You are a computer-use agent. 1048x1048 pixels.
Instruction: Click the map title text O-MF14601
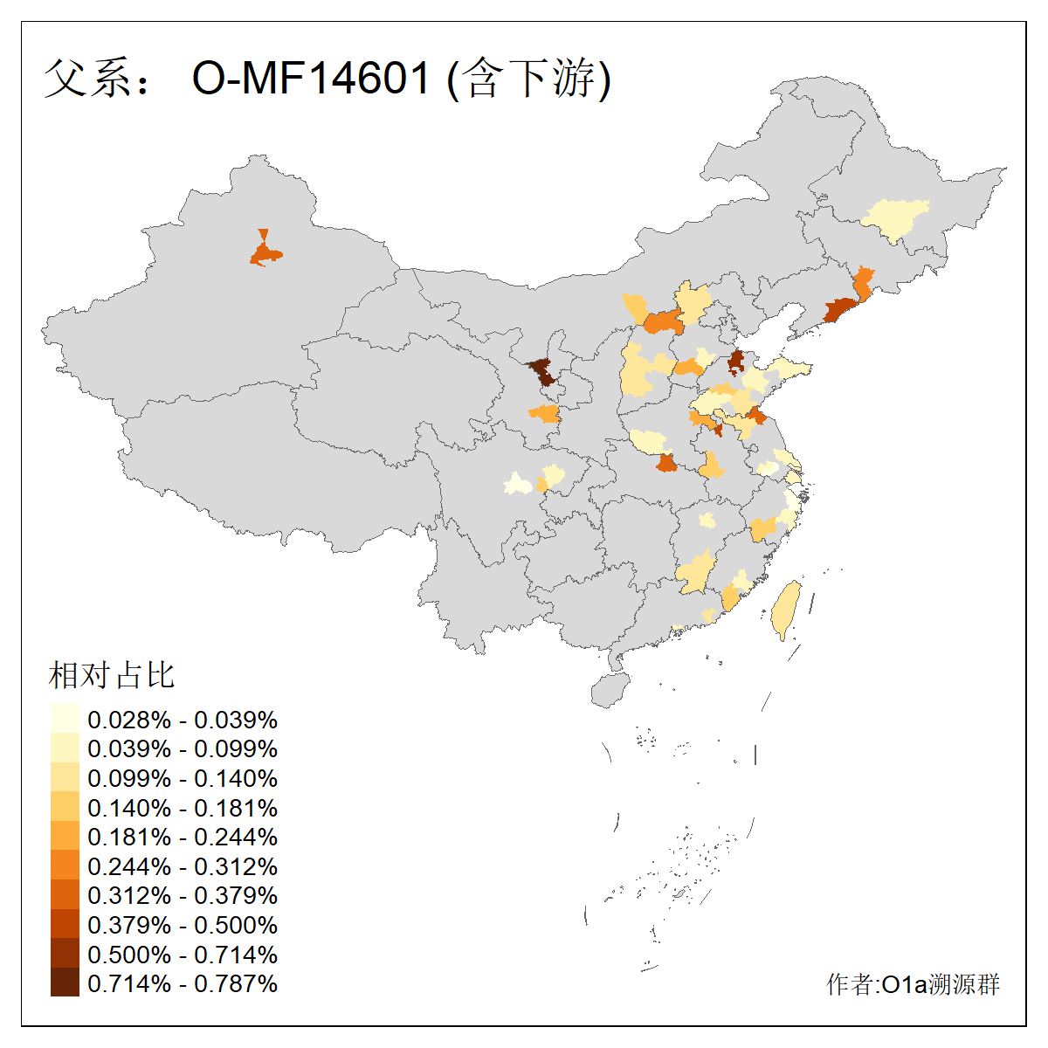click(x=311, y=79)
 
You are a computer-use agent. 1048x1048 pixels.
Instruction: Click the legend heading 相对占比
click(x=112, y=675)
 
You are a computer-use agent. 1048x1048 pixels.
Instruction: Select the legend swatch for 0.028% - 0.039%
click(x=65, y=720)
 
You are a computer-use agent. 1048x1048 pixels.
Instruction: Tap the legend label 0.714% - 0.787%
click(x=183, y=983)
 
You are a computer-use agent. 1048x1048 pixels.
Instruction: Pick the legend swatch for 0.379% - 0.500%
click(x=65, y=925)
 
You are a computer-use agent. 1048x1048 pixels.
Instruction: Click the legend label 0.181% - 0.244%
click(x=183, y=837)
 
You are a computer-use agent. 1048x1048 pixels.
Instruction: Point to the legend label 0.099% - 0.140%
click(x=183, y=778)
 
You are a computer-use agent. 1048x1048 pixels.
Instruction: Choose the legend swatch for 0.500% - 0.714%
click(x=65, y=955)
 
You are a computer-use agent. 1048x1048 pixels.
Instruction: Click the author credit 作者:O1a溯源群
click(x=913, y=985)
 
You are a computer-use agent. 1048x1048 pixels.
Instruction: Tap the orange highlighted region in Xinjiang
click(x=265, y=254)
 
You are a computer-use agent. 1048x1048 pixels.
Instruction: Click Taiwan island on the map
click(x=786, y=610)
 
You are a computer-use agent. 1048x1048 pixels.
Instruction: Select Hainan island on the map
click(x=610, y=689)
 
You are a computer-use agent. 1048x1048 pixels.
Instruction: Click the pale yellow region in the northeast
click(x=894, y=219)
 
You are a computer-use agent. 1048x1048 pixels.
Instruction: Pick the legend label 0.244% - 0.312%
click(x=183, y=866)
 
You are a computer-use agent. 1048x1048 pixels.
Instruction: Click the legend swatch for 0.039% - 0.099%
click(x=65, y=749)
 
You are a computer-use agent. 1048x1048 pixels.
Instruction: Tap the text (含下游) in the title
click(x=529, y=79)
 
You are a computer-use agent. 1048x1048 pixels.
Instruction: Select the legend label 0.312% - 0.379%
click(x=183, y=895)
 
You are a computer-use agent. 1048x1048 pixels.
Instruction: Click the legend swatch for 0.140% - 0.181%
click(x=65, y=808)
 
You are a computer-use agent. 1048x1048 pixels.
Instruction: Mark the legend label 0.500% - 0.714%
click(x=183, y=955)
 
